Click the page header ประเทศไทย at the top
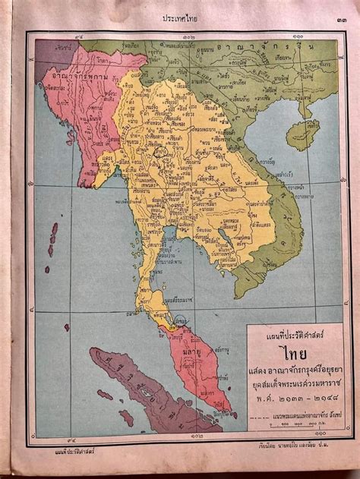click(x=180, y=17)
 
